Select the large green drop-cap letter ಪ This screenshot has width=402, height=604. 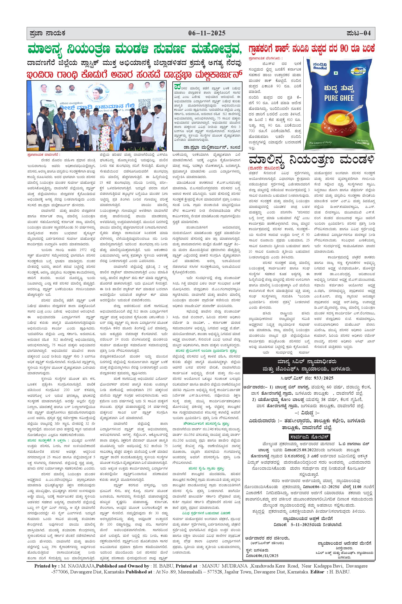pos(177,86)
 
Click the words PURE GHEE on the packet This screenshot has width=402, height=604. pos(339,98)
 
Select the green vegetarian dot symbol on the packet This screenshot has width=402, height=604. pos(336,73)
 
